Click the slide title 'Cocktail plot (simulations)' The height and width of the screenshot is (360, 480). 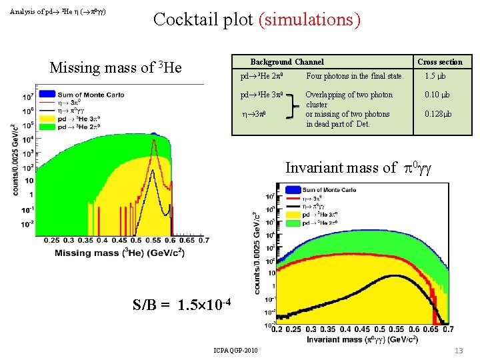[257, 19]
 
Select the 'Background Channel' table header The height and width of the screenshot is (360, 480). [287, 62]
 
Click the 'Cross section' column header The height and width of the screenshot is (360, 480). [439, 62]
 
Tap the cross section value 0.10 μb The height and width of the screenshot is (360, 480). [438, 95]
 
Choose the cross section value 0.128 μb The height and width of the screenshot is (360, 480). [438, 114]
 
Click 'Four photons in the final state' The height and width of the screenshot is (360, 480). [353, 76]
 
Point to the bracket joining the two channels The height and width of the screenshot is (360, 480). [291, 105]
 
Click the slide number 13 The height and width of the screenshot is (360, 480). [459, 351]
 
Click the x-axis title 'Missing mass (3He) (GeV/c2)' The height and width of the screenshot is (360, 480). [120, 253]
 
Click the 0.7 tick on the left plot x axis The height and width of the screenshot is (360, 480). [203, 241]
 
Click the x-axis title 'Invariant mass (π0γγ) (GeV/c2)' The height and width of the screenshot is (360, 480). [363, 340]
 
